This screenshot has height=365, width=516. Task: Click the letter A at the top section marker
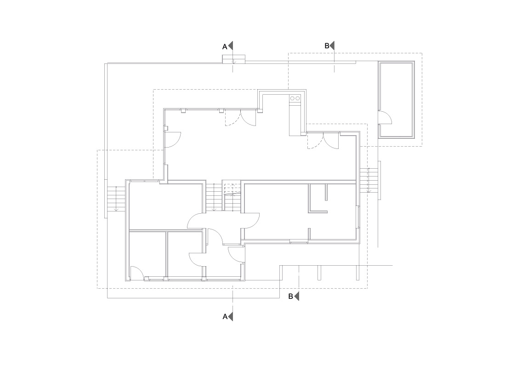pos(225,47)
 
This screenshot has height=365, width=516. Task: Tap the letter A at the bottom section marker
pos(225,317)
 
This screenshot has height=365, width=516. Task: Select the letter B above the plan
pos(327,46)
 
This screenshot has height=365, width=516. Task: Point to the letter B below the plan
pos(290,296)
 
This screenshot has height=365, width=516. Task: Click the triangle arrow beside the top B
pos(332,46)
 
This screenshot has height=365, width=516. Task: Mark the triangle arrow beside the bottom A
pos(230,317)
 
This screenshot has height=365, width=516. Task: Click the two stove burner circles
pos(295,98)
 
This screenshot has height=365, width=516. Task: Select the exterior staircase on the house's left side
pos(116,199)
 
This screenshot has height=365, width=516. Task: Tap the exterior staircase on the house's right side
pos(369,180)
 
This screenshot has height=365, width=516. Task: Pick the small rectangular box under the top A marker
pos(234,59)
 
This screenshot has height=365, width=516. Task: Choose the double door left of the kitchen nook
pos(240,119)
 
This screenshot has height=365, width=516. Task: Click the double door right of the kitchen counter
pos(323,141)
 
